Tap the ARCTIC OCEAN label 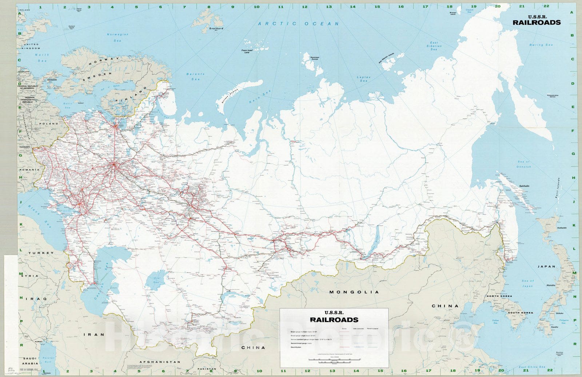point(298,24)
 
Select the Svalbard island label point(216,28)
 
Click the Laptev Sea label point(363,79)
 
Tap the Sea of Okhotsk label point(523,164)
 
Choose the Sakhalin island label point(524,186)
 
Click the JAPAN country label point(546,266)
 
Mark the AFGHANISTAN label point(160,362)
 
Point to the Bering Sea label point(541,45)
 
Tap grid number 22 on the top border point(546,7)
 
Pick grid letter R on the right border point(574,344)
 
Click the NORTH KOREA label point(499,296)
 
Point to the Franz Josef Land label point(247,51)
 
